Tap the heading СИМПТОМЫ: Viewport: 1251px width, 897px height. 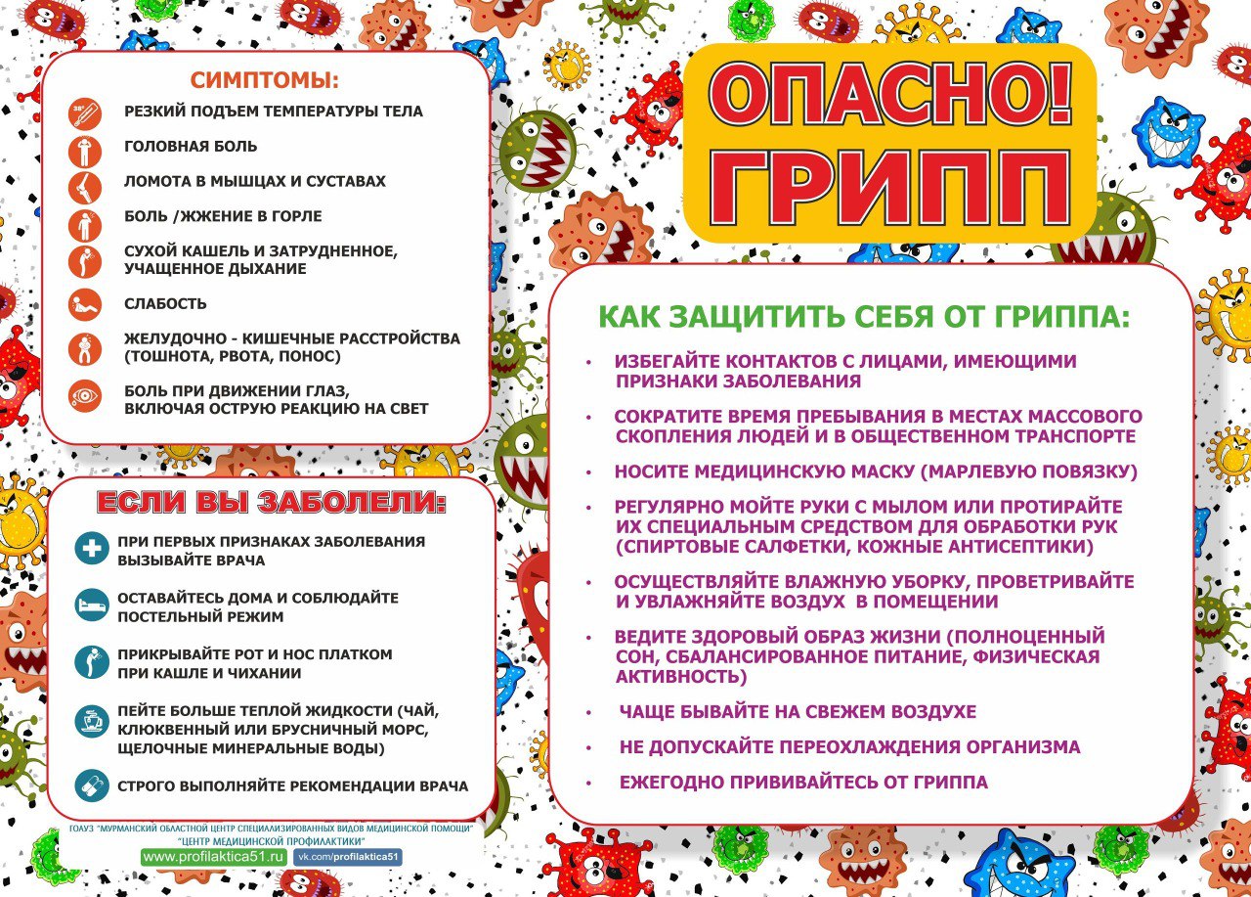coord(264,80)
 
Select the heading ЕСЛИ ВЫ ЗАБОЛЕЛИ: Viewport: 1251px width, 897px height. coord(272,504)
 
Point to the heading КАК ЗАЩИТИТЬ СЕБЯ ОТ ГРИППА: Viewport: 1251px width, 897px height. coord(863,317)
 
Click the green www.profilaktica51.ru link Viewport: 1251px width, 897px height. coord(214,857)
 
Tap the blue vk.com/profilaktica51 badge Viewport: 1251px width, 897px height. coord(348,857)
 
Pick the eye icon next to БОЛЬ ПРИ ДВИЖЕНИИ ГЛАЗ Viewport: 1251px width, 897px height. coord(85,397)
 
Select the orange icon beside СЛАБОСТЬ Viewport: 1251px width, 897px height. coord(85,304)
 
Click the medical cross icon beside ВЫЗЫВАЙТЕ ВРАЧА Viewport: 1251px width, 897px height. coord(92,548)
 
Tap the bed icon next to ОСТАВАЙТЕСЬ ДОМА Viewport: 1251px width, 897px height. coord(92,605)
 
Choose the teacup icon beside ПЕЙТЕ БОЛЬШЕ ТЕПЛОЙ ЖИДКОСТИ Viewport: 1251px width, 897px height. coord(92,723)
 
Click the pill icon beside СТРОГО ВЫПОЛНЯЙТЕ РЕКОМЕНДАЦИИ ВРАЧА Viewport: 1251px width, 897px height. coord(92,785)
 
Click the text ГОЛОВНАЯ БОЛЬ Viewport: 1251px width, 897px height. coord(191,147)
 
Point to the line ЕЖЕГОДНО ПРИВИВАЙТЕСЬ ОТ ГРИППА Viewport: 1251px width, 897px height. coord(803,783)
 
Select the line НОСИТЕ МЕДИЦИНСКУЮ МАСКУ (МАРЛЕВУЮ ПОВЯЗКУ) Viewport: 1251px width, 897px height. coord(876,471)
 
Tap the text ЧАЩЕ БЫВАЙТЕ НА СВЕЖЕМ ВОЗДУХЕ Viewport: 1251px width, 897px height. coord(798,712)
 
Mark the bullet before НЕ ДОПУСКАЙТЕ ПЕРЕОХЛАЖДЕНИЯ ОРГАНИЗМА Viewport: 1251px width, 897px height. coord(588,748)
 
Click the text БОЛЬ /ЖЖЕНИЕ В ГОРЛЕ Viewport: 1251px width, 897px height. coord(223,216)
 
